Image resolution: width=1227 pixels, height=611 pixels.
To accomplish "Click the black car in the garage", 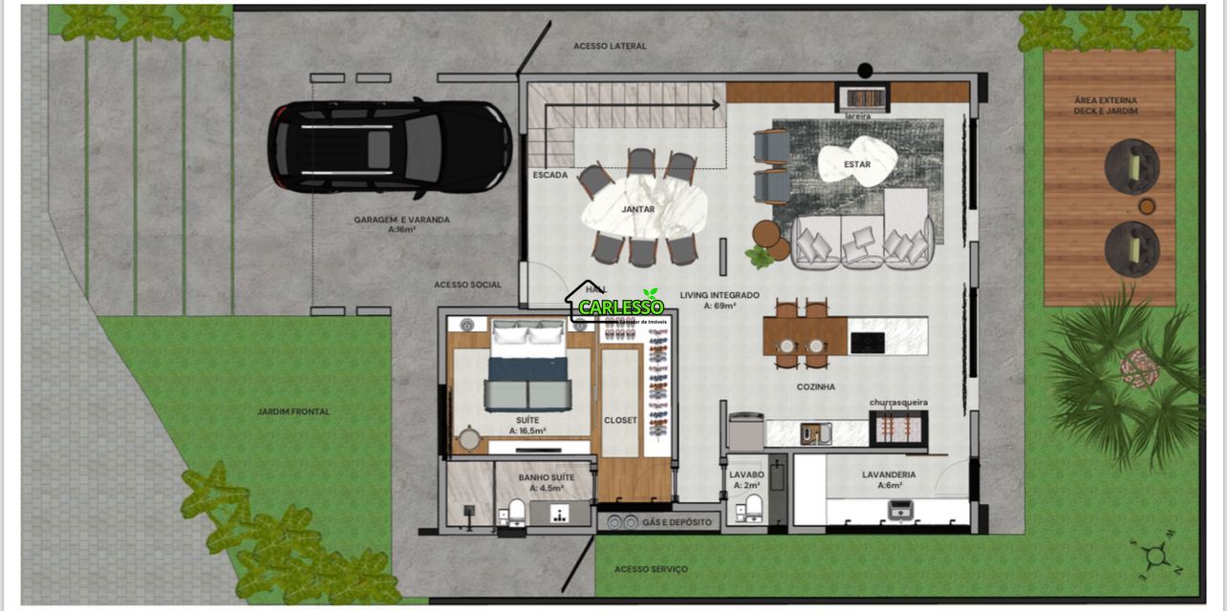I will click(389, 147).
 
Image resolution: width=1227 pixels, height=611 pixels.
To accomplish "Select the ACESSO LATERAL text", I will click(610, 46).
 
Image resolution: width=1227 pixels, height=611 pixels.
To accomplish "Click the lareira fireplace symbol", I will click(863, 97).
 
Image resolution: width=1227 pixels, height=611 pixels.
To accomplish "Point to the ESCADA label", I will click(550, 176).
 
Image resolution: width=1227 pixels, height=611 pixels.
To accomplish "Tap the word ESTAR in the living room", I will click(857, 164).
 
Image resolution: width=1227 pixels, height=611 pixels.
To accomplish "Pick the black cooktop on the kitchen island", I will click(868, 342).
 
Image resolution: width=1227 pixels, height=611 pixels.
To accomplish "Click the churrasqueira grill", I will click(898, 430).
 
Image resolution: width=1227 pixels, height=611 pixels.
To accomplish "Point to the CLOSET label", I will click(620, 420).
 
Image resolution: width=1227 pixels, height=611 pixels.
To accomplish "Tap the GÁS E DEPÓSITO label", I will click(677, 522).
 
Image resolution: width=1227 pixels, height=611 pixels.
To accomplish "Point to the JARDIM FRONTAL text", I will click(293, 411).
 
